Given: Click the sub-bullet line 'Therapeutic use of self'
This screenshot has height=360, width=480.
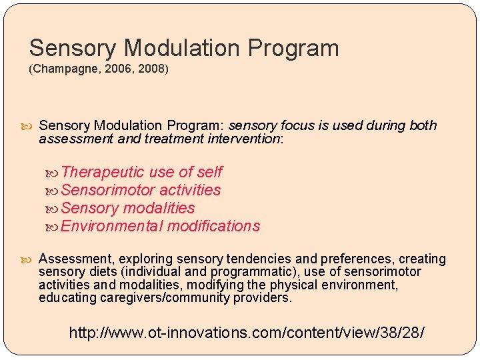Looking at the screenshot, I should (x=141, y=172).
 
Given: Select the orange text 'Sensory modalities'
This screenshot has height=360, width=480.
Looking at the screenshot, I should (x=127, y=208).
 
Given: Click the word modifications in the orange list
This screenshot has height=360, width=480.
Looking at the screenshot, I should (x=213, y=226).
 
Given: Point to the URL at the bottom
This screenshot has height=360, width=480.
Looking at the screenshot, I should (x=246, y=331).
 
